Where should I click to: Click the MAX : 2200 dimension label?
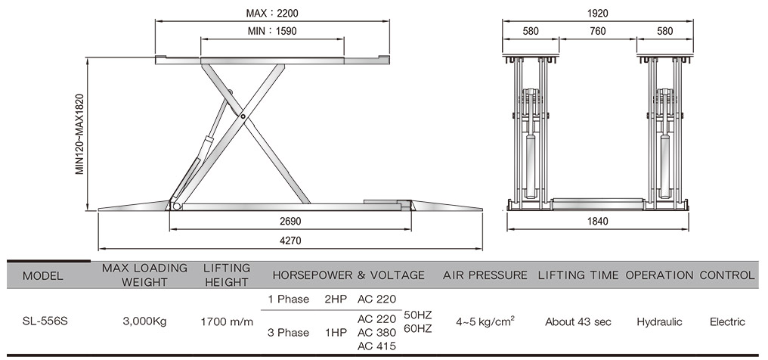[272, 13]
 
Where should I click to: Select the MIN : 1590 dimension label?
[272, 31]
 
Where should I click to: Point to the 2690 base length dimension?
[290, 222]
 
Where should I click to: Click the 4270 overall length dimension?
[290, 241]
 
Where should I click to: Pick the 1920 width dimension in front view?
[598, 14]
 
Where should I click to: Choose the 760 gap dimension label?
[598, 31]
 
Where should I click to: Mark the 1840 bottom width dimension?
[598, 222]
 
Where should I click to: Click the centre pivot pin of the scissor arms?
[243, 116]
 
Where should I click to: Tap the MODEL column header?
[43, 275]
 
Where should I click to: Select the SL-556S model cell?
[45, 321]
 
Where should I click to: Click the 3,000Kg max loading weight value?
[144, 321]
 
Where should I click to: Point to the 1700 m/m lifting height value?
[228, 321]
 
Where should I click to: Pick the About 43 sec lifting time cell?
[578, 321]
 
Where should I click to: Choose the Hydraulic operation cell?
[659, 321]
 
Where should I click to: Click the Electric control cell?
[727, 321]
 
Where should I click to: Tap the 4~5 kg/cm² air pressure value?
[485, 321]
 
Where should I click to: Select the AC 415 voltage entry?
[376, 346]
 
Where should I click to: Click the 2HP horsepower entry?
[336, 299]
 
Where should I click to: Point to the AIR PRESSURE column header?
[485, 275]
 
